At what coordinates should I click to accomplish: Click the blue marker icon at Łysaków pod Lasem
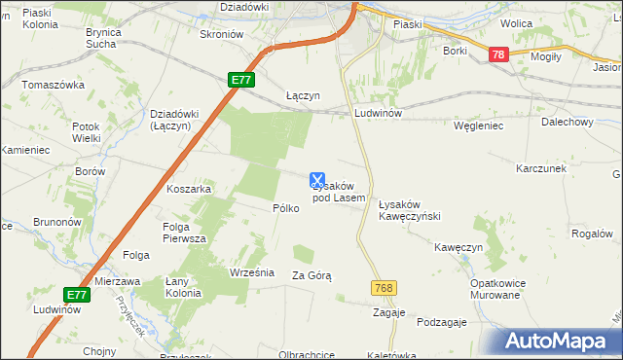coord(316,180)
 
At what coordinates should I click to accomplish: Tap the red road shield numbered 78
coord(498,56)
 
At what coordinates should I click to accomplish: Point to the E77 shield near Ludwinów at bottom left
coord(77,294)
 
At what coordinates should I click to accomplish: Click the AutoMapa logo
coord(561,342)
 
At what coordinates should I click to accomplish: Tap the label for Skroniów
coord(220,33)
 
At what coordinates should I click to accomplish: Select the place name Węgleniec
coord(477,126)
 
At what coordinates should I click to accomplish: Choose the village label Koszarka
coord(189,189)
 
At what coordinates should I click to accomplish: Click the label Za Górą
coord(311,276)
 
